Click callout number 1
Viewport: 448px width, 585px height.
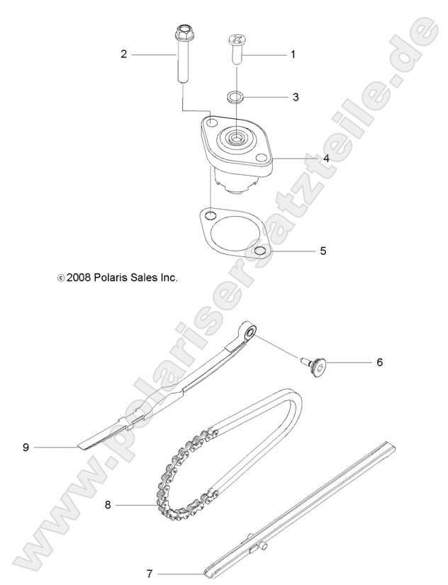tap(293, 54)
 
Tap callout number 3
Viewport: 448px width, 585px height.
tap(296, 96)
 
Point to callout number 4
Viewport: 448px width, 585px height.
tap(306, 159)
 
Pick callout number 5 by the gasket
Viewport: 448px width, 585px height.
tap(323, 250)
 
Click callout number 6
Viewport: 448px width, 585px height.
tap(379, 362)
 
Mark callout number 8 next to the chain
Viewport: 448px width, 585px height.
tap(108, 505)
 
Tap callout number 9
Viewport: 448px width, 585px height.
tap(26, 447)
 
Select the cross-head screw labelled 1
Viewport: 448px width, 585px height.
tap(236, 48)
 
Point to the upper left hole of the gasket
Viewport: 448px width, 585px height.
tap(210, 214)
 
